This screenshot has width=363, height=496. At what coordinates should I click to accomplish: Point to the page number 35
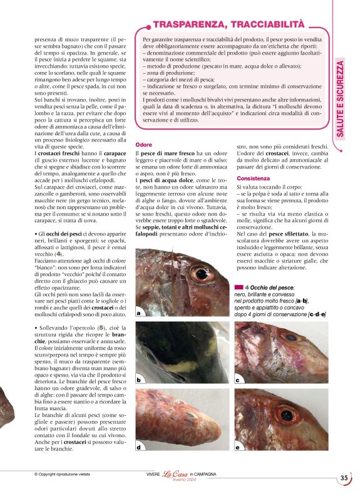click(344, 478)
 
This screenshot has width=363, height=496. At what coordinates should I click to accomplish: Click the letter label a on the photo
click(138, 311)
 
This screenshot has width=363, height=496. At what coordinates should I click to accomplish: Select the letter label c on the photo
click(237, 380)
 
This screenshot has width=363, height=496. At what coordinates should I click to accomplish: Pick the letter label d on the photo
click(138, 447)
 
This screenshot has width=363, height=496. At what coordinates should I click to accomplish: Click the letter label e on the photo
click(237, 447)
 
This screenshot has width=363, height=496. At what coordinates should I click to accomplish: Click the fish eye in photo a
click(202, 274)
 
